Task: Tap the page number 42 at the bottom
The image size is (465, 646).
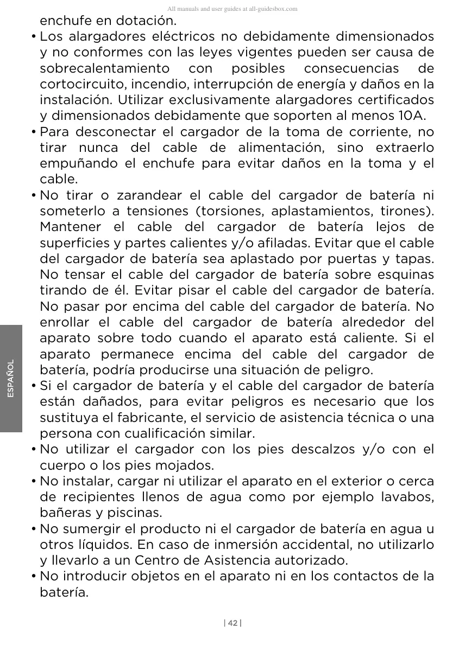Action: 232,623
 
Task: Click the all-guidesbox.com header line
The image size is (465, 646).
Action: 232,9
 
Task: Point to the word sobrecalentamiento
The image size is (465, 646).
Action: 104,69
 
